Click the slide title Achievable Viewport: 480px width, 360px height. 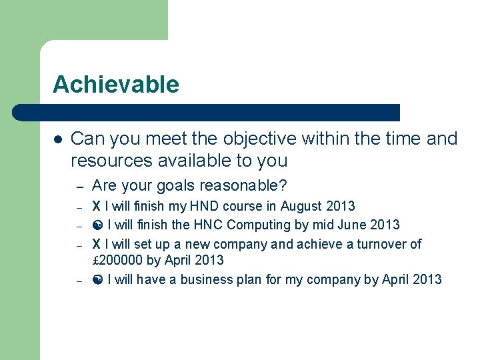pyautogui.click(x=116, y=85)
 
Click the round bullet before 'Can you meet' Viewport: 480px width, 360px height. pyautogui.click(x=58, y=139)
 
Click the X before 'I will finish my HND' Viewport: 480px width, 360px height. pyautogui.click(x=96, y=206)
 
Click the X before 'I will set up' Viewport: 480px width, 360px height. pyautogui.click(x=96, y=244)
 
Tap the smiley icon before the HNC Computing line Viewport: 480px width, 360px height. pyautogui.click(x=97, y=225)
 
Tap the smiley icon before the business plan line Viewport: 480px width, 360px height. pyautogui.click(x=97, y=279)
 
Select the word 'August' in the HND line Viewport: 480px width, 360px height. pyautogui.click(x=303, y=206)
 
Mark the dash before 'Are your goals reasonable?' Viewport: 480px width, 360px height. pyautogui.click(x=78, y=186)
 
